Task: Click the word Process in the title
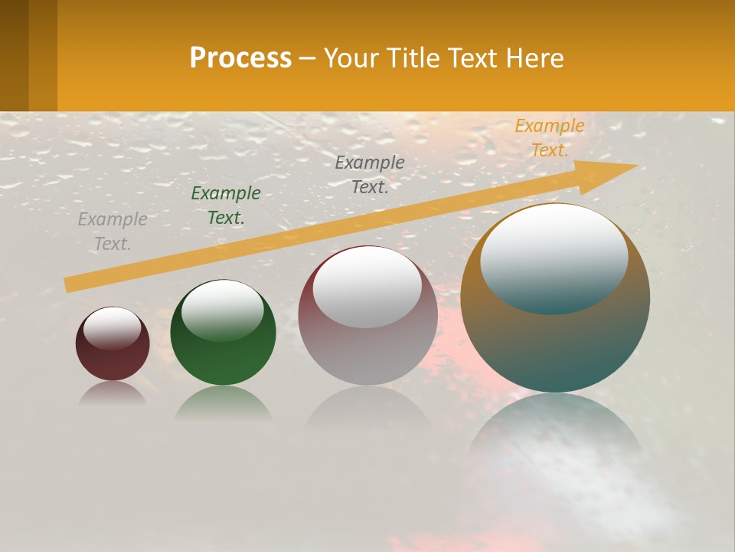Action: pos(240,58)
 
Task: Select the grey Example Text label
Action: pos(113,232)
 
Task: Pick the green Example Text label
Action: pos(226,205)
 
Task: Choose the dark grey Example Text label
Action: pos(370,174)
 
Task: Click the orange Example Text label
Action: pos(550,138)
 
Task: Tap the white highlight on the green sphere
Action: pos(223,310)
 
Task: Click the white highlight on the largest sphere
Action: pos(554,257)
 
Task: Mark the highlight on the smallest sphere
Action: pos(113,328)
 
